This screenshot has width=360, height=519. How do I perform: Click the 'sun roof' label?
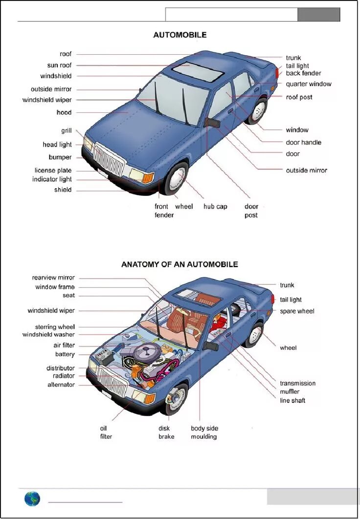point(59,65)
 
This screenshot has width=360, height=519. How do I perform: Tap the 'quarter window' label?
point(308,84)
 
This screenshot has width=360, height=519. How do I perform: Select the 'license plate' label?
point(53,171)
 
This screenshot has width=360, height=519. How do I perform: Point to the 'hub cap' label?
point(215,207)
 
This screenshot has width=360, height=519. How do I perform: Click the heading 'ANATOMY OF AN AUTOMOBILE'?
point(180,264)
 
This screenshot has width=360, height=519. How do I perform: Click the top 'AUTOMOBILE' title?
point(180,35)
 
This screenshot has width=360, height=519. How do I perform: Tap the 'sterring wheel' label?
point(55,327)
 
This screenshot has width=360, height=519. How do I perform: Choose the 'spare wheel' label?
point(297,311)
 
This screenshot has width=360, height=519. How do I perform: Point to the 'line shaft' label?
point(292,401)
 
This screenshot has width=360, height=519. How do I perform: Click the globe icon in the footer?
point(32,499)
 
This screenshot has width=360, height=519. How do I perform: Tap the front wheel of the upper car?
point(176,177)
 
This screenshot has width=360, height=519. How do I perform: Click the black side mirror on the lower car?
point(211,346)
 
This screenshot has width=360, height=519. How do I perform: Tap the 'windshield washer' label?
point(48,335)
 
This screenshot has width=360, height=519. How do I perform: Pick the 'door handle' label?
point(303,143)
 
